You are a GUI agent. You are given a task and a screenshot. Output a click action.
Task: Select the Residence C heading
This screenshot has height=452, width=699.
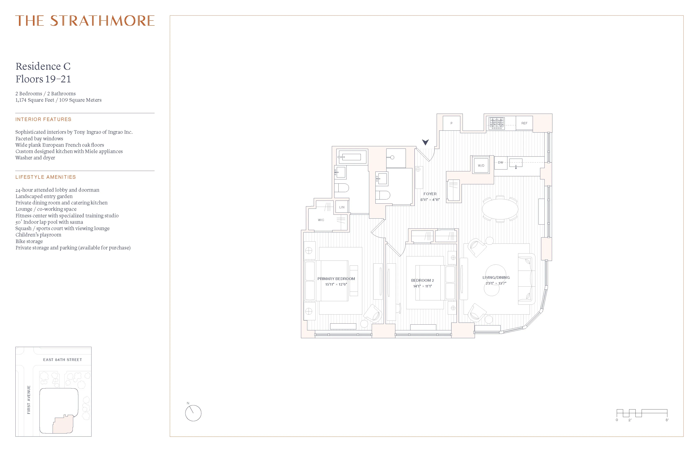point(43,66)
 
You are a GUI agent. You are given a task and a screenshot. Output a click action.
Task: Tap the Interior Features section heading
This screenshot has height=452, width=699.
point(43,119)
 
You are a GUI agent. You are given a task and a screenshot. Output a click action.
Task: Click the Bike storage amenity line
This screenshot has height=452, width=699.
point(29,241)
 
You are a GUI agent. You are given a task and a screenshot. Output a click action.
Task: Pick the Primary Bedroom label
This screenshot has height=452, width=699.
point(336,279)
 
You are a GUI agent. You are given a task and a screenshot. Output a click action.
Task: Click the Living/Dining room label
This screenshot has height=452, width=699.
point(496,278)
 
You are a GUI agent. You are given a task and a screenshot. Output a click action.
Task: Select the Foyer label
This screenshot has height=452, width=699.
point(430,194)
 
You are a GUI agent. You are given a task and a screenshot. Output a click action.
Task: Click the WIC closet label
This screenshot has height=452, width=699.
point(321,220)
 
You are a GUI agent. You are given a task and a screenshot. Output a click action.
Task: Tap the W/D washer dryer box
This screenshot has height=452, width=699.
point(481,166)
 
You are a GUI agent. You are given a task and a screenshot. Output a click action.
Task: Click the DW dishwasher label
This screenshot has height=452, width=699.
point(500,163)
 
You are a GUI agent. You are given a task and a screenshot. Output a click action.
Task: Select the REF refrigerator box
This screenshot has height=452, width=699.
point(524,123)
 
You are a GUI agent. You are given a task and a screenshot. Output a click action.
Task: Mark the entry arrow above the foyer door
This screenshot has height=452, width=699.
point(425,142)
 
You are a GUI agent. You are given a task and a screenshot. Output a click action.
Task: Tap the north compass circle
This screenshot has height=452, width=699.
point(193,413)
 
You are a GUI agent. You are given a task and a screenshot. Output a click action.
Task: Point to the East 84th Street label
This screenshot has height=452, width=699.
point(62,360)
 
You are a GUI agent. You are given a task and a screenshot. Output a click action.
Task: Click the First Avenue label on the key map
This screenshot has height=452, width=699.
point(29,400)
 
